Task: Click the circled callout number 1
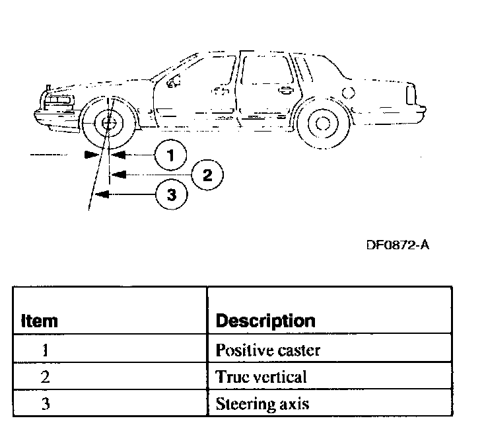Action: [x=170, y=155]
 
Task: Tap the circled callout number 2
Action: [x=207, y=175]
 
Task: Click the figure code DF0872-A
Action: [x=398, y=245]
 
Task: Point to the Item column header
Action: [x=40, y=321]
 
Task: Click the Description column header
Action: [x=265, y=321]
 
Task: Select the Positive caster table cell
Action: [x=267, y=350]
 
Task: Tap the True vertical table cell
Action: [x=261, y=377]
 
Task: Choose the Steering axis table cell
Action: [x=262, y=403]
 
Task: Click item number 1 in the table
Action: [x=46, y=350]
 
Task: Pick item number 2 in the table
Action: [x=46, y=377]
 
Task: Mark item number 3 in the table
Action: [x=46, y=403]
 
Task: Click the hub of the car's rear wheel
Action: [x=322, y=122]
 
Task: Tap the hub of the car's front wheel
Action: [x=107, y=123]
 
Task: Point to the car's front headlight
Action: [x=59, y=100]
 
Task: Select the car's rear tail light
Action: [x=410, y=94]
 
